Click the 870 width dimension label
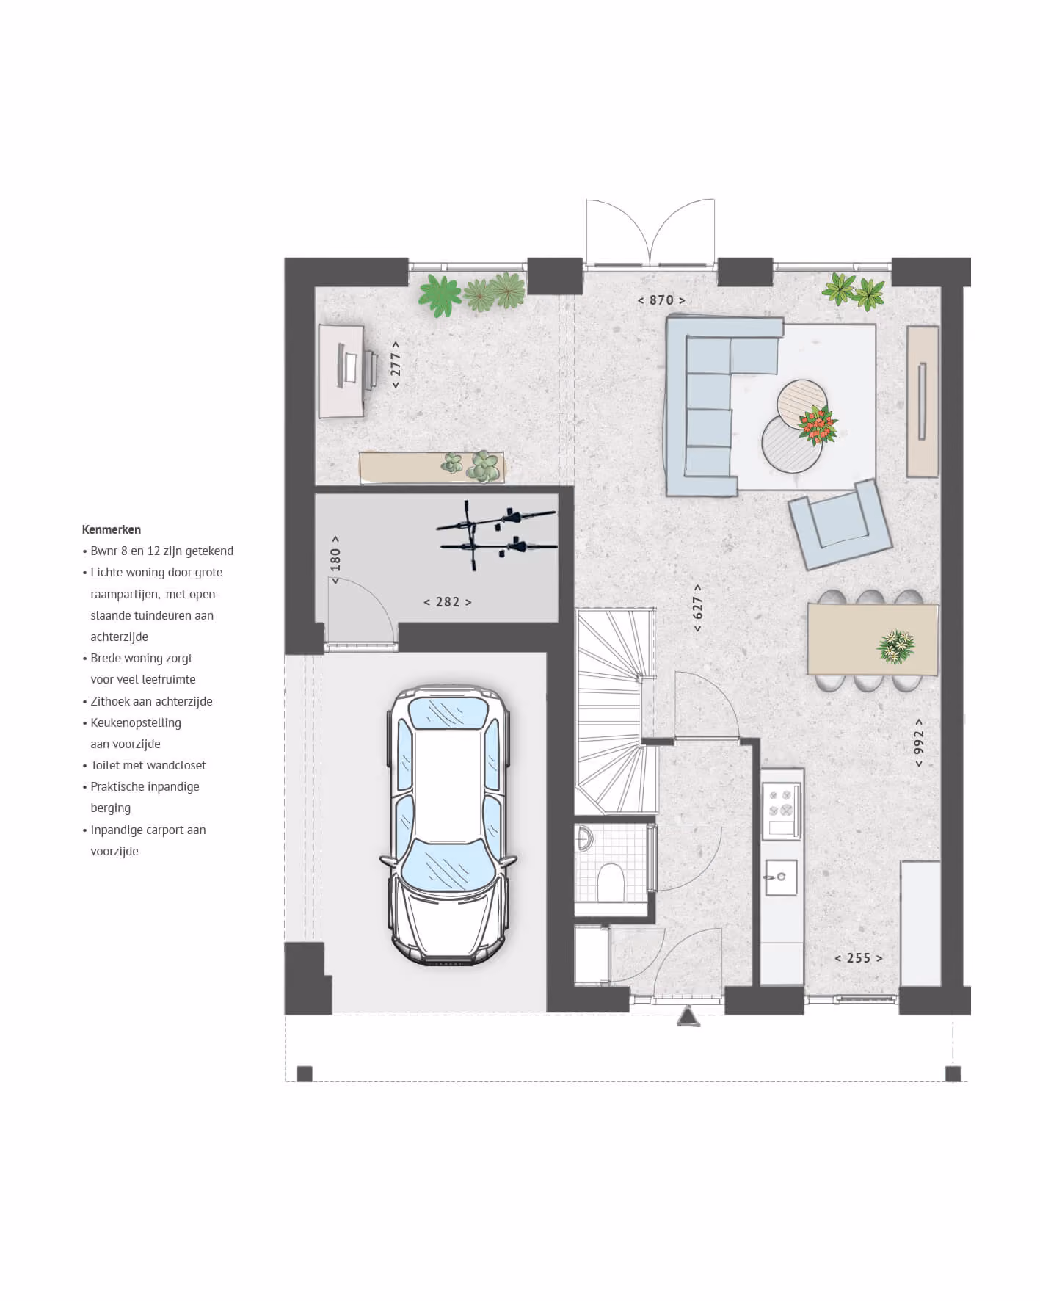[x=661, y=300]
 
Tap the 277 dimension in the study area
[x=396, y=364]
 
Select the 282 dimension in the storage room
[x=448, y=602]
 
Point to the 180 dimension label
[x=335, y=559]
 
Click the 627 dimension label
[x=698, y=608]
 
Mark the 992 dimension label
[x=919, y=742]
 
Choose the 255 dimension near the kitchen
[x=859, y=958]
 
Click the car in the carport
[x=448, y=825]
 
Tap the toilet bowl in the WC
[x=611, y=881]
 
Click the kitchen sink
[x=781, y=877]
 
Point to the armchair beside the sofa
[x=840, y=524]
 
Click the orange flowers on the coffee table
[x=818, y=425]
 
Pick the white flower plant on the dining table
[x=896, y=646]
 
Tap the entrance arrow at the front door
[x=688, y=1016]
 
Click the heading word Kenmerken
[x=112, y=529]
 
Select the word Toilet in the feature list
[x=105, y=765]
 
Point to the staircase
[x=615, y=711]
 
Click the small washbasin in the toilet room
[x=583, y=838]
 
